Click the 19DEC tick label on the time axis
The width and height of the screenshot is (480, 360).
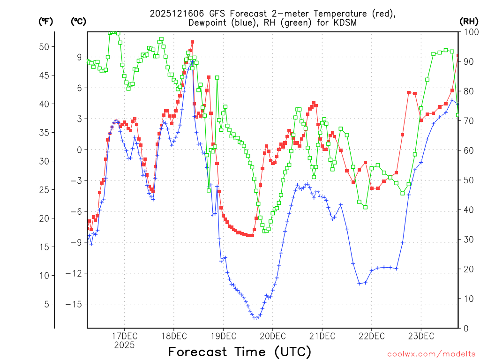point(223,336)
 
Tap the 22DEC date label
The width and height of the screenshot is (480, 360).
point(371,336)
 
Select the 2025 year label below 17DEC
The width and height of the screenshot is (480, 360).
point(124,345)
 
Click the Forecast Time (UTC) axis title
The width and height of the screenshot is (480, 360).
point(240,352)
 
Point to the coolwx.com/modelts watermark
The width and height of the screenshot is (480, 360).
point(431,353)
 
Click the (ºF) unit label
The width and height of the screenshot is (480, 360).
point(46,21)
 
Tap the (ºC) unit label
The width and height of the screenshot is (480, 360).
point(78,21)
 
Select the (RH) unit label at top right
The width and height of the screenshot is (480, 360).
point(469,21)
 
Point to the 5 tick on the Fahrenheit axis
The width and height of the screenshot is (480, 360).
point(46,304)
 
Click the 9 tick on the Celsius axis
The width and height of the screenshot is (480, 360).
point(79,57)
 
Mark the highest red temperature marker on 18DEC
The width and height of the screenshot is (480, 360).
point(192,42)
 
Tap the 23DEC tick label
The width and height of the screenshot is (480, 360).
point(420,336)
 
